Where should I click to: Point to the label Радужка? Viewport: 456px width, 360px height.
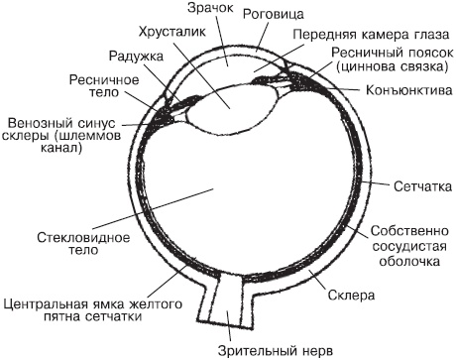pos(138,57)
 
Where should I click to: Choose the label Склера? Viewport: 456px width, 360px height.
pos(349,296)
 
